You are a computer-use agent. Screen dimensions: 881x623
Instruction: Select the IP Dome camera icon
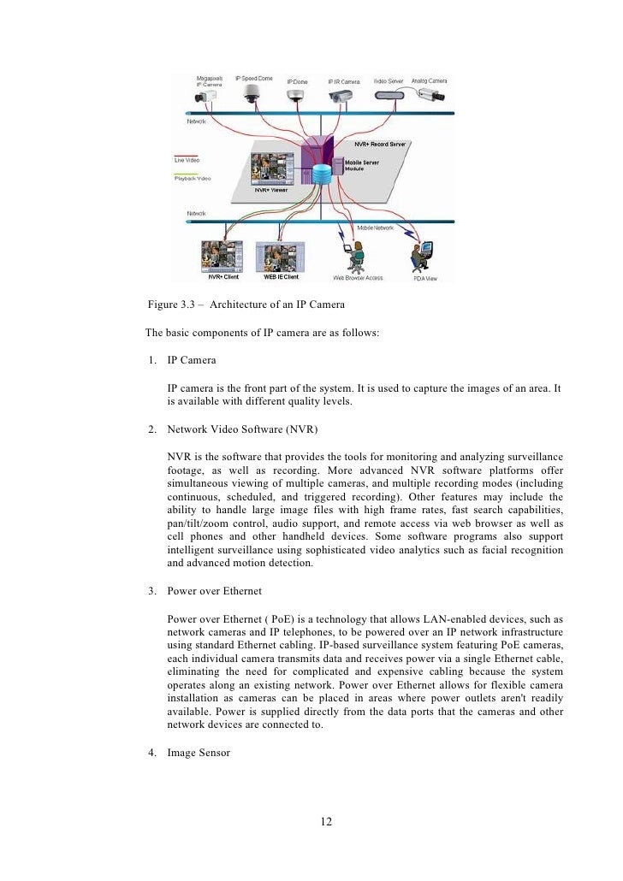[x=296, y=96]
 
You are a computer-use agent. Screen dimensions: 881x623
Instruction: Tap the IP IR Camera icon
[x=345, y=97]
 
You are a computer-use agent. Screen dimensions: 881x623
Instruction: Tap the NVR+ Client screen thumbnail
[x=223, y=256]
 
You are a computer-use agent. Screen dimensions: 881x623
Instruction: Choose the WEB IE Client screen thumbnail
[x=279, y=256]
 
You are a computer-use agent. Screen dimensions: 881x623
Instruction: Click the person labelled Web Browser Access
[x=358, y=255]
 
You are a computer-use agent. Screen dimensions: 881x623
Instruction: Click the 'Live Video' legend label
[x=187, y=161]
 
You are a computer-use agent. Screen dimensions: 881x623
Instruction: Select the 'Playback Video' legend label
[x=192, y=178]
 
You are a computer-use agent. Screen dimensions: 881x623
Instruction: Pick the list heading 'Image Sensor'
[x=199, y=753]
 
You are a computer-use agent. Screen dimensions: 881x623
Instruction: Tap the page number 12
[x=326, y=822]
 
